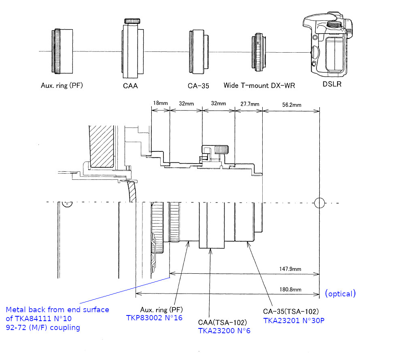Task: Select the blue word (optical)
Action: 340,294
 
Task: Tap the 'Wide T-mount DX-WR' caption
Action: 259,86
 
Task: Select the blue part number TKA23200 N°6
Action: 224,330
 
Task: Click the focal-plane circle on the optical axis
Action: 320,203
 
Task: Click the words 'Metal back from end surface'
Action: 57,309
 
